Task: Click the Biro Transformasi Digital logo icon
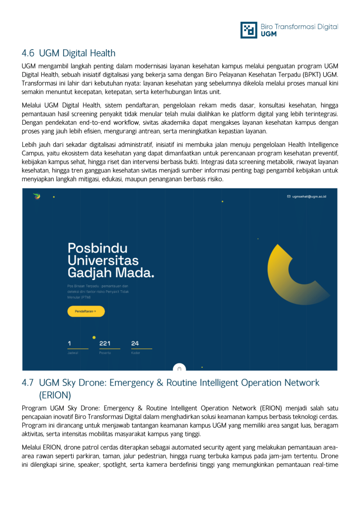(x=249, y=30)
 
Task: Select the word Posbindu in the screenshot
(x=97, y=248)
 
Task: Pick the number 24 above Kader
(x=135, y=343)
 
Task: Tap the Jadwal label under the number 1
(x=73, y=353)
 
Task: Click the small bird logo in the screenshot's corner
(x=37, y=196)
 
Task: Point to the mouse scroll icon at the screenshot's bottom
(x=180, y=368)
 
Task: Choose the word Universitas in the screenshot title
(x=103, y=260)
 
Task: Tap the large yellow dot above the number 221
(x=94, y=338)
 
